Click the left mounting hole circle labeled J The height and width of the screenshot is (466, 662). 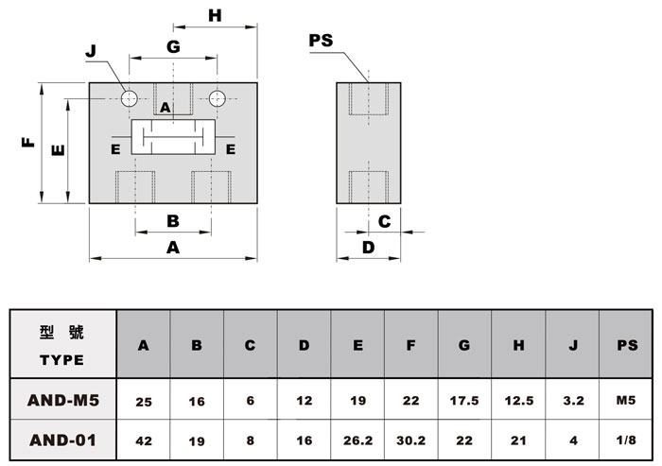pyautogui.click(x=130, y=98)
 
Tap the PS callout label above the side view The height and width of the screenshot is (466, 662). pyautogui.click(x=321, y=41)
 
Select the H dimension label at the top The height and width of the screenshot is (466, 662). pyautogui.click(x=215, y=16)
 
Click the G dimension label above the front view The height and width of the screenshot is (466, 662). pyautogui.click(x=173, y=46)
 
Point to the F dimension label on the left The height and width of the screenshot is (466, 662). pyautogui.click(x=27, y=142)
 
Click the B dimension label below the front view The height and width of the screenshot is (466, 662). pyautogui.click(x=173, y=221)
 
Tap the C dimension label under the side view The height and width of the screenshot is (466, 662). pyautogui.click(x=384, y=221)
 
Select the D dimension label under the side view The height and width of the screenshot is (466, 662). pyautogui.click(x=369, y=248)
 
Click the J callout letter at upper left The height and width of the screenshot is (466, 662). pyautogui.click(x=91, y=51)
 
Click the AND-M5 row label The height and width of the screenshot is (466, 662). pyautogui.click(x=63, y=400)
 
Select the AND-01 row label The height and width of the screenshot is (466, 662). pyautogui.click(x=63, y=440)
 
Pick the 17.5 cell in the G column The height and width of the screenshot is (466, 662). pyautogui.click(x=464, y=400)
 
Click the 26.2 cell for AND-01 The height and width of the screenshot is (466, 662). pyautogui.click(x=358, y=440)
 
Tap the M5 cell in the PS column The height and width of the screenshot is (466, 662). pyautogui.click(x=626, y=400)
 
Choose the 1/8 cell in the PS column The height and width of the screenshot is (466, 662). pyautogui.click(x=626, y=440)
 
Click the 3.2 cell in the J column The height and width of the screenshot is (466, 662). pyautogui.click(x=573, y=400)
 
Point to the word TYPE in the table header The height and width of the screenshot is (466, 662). pyautogui.click(x=62, y=360)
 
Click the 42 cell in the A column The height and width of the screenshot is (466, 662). pyautogui.click(x=144, y=441)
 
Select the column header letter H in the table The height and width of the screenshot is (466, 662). pyautogui.click(x=518, y=345)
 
